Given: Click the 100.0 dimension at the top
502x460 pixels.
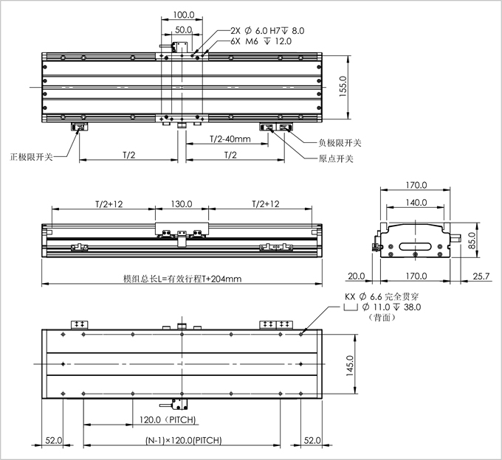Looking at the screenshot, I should (183, 15).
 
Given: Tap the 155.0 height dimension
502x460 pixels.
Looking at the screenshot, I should (342, 86).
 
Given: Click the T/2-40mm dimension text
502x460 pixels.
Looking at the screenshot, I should (229, 139).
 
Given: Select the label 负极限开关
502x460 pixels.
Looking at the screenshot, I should (340, 143).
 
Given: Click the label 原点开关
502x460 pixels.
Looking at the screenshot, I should (336, 159).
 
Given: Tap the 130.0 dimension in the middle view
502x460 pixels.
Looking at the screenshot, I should (182, 204).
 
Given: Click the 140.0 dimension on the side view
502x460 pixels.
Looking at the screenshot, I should (416, 203).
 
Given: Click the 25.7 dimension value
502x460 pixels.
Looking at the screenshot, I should (480, 276).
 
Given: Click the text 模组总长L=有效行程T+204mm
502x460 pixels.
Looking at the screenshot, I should (182, 279).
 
